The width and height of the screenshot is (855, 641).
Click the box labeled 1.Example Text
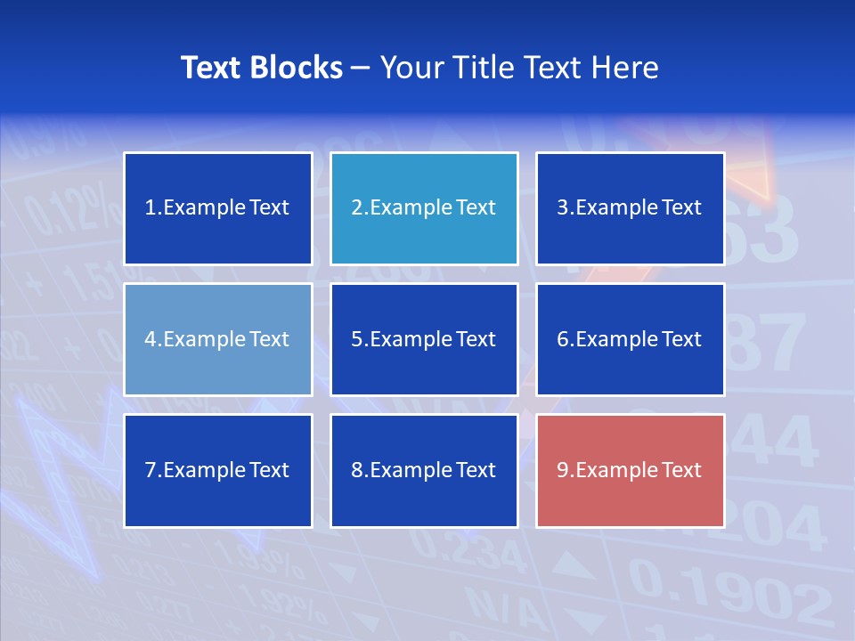point(218,208)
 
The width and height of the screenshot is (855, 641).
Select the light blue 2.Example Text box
point(424,208)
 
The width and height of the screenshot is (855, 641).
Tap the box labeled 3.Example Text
point(630,208)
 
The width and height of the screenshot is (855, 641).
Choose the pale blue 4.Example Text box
point(218,339)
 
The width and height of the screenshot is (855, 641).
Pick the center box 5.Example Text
point(424,339)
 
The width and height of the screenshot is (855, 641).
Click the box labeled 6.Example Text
point(630,339)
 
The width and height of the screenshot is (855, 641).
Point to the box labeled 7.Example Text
point(218,470)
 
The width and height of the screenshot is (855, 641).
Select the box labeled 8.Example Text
point(424,470)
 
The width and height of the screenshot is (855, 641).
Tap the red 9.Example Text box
point(630,470)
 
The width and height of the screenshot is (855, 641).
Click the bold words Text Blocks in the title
point(261,68)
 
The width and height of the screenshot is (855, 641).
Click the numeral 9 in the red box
point(563,470)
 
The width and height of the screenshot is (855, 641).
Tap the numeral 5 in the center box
point(356,339)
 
